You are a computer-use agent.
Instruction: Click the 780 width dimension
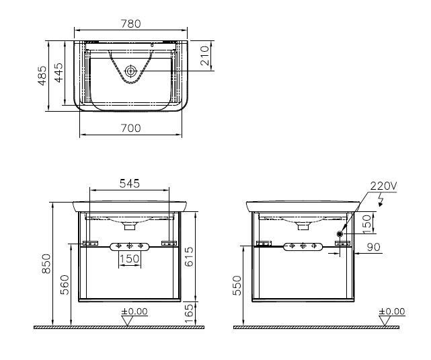click(131, 24)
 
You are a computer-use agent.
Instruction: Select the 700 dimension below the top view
click(131, 128)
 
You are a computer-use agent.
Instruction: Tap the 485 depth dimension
click(42, 75)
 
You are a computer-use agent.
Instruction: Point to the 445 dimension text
click(58, 73)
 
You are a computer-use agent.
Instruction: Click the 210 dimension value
click(205, 56)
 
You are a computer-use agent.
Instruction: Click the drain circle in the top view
click(131, 71)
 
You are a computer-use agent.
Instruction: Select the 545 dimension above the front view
click(130, 184)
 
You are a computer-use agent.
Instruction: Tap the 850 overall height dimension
click(46, 264)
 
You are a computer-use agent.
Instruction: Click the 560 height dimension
click(65, 285)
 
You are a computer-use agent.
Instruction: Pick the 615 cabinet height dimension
click(189, 256)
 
